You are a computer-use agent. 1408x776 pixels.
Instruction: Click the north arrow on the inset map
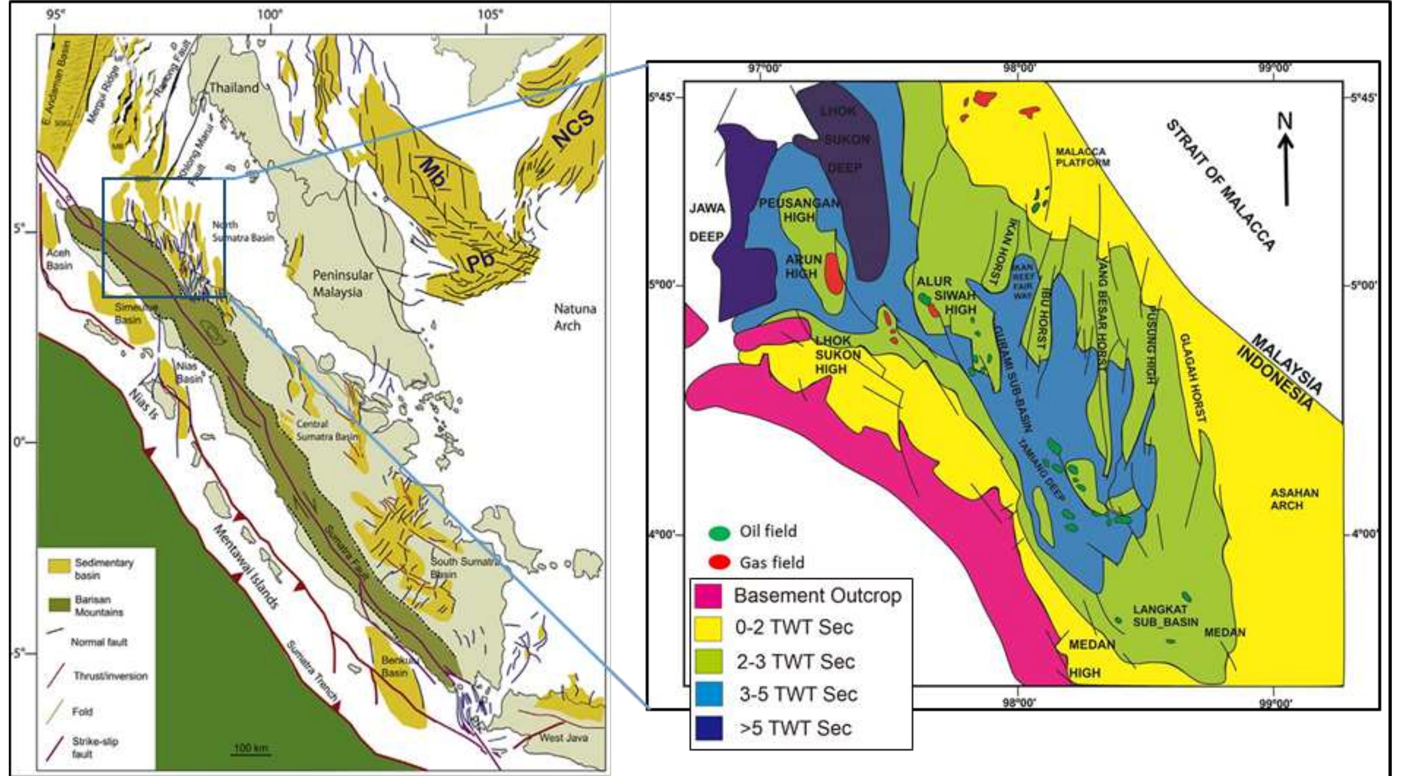point(1286,164)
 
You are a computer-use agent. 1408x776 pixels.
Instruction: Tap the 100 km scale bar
point(251,754)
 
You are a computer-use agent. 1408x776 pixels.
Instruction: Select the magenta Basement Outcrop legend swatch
point(709,595)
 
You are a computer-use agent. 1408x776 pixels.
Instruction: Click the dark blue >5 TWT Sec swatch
point(709,728)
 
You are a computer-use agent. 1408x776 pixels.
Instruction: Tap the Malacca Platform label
point(1082,157)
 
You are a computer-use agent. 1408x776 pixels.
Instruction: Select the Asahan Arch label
point(1294,499)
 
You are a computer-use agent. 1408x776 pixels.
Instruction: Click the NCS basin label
point(572,129)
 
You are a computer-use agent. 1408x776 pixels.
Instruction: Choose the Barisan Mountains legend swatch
point(59,605)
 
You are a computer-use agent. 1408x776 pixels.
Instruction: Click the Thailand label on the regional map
point(234,87)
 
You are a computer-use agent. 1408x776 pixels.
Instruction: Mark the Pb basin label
point(480,261)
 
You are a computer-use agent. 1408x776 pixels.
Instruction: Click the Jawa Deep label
point(706,222)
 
